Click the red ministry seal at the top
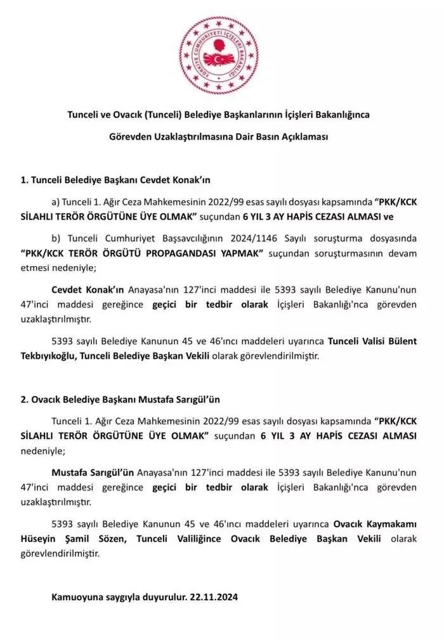216,56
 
